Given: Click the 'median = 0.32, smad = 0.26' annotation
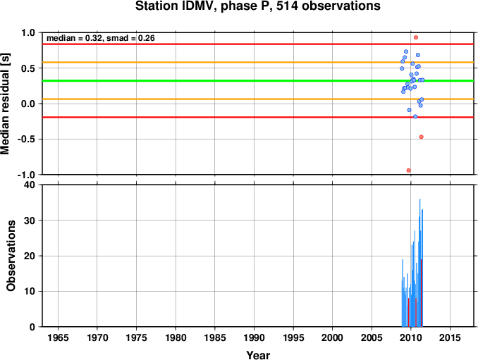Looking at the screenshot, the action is (101, 38).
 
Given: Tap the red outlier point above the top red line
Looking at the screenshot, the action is (416, 37).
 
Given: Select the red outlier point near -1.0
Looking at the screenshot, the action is (408, 170).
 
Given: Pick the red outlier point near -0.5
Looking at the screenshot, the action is (422, 137).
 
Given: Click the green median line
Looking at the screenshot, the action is (258, 81).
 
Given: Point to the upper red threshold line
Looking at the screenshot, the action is (258, 44).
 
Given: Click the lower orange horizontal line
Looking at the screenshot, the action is (258, 99).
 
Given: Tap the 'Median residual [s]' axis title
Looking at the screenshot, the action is (5, 104).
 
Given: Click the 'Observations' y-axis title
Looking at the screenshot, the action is (11, 256).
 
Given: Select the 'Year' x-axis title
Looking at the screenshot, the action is (258, 355).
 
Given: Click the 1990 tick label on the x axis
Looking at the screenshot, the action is (254, 337).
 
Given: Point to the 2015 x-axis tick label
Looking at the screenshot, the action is (450, 337).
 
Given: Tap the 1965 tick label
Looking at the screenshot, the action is (58, 337).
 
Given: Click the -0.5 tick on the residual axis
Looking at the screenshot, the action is (27, 139).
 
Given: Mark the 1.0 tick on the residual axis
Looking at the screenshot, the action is (28, 32).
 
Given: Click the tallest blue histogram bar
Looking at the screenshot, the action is (419, 263).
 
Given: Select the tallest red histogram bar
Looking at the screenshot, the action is (422, 292).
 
